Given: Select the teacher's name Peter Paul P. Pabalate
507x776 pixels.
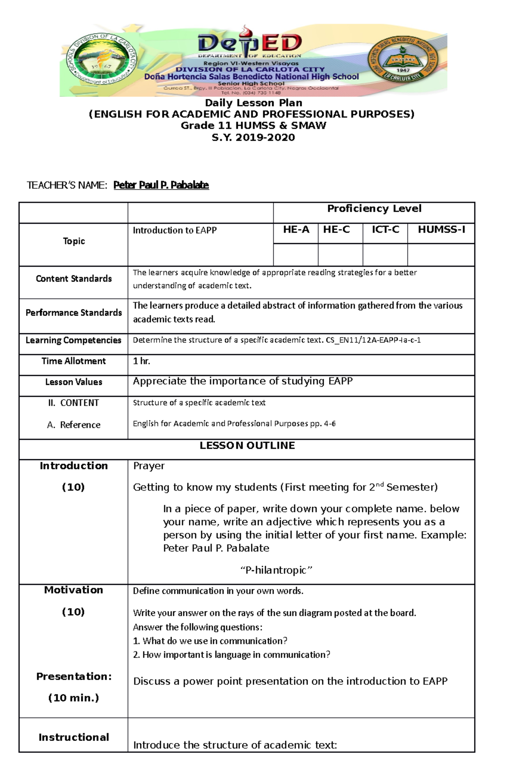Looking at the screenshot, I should (161, 185).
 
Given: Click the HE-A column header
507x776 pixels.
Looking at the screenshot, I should (296, 230).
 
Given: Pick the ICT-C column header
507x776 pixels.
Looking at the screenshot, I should (385, 230).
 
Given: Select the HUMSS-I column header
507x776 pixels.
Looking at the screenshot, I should (441, 230).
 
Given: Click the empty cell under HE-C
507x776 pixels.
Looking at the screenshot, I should (340, 255).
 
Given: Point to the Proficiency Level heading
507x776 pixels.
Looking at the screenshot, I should (374, 208).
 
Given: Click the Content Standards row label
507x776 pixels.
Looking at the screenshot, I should (74, 279).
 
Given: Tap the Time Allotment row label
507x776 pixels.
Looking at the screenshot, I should (74, 361).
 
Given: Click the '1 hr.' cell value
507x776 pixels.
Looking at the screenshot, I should (142, 361).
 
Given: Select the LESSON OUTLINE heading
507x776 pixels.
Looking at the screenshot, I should (247, 446).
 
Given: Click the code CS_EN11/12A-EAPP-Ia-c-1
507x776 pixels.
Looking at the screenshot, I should (373, 340).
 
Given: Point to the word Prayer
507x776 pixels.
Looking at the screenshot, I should (149, 466).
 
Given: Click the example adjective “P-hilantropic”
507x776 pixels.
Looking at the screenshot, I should (276, 570).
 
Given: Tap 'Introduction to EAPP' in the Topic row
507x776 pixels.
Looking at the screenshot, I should (174, 230).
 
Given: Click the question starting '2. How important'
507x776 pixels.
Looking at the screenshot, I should (232, 655).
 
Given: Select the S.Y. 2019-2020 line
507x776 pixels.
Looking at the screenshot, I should (253, 137).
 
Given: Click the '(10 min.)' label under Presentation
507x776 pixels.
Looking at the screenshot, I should (74, 698).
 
